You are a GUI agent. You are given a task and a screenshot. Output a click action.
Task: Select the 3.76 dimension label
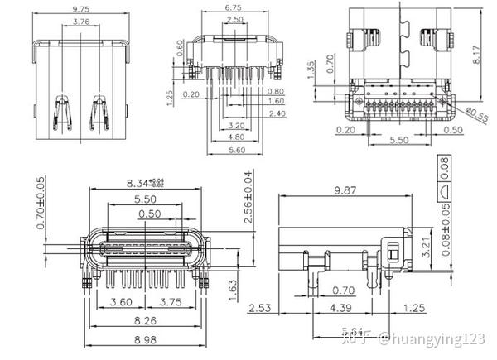click(81, 21)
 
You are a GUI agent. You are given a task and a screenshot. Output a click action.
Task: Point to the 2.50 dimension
click(234, 19)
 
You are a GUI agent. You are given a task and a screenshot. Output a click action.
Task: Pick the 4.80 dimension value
click(236, 137)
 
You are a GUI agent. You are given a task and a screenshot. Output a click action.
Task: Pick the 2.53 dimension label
click(261, 308)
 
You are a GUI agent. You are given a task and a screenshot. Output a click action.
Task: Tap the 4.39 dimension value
click(340, 308)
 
